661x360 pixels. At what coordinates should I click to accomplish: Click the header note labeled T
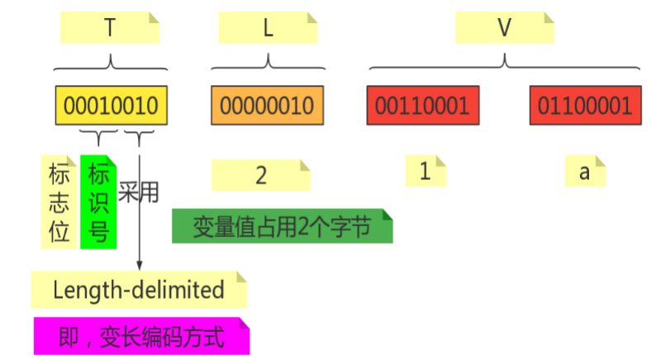coord(110,29)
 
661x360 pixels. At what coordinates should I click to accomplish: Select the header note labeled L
coord(268,29)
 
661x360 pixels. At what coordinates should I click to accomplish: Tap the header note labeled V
coord(504,29)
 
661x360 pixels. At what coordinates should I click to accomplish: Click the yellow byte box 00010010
coord(112,106)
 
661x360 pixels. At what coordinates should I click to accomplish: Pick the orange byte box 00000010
coord(267,106)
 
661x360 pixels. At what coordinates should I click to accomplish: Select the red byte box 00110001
coord(422,106)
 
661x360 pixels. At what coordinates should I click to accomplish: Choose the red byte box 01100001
coord(585,106)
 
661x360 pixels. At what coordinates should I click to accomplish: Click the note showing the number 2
coord(261,175)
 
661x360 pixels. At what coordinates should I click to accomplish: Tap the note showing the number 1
coord(426,172)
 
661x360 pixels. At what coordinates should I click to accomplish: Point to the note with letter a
coord(585,172)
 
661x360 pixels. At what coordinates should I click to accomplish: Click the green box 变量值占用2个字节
coord(282,226)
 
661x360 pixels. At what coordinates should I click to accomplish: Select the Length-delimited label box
coord(139,290)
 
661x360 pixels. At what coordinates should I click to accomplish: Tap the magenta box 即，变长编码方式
coord(141,336)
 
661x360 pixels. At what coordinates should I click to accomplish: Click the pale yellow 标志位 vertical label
coord(59,202)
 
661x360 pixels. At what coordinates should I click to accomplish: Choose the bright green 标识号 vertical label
coord(99,202)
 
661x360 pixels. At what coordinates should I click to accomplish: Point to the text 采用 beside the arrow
coord(137,192)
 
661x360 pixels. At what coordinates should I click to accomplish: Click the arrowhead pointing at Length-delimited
coord(140,264)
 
